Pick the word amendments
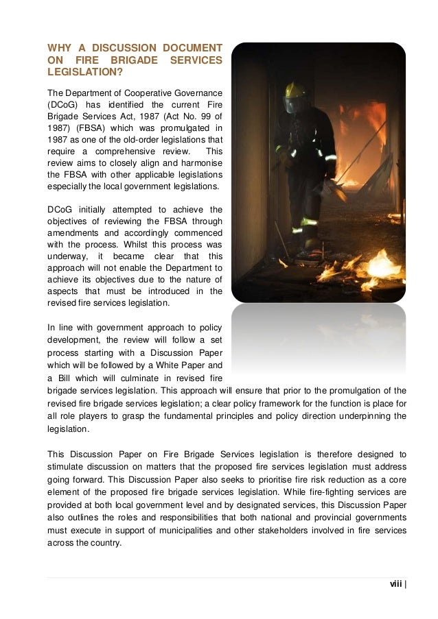coord(74,232)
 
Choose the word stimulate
coord(65,467)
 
